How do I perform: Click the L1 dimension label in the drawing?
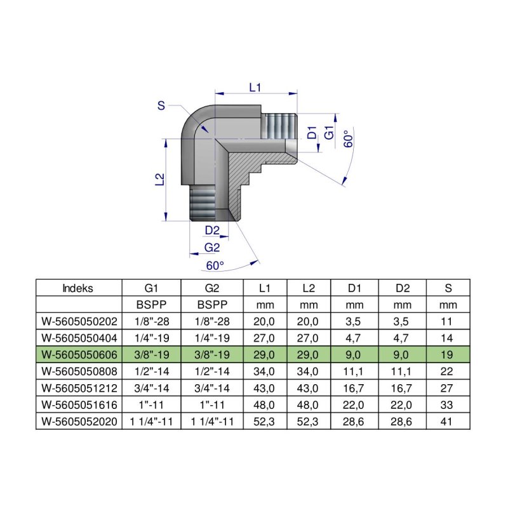pos(255,88)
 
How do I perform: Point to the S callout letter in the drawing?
pos(161,106)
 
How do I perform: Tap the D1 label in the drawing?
pos(312,133)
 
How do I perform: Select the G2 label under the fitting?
pos(211,247)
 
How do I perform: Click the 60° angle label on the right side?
pos(347,138)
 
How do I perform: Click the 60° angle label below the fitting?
pos(215,265)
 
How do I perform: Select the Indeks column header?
pos(77,288)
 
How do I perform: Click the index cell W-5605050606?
pos(77,354)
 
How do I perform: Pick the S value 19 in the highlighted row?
pos(448,354)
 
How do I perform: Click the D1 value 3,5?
pos(356,321)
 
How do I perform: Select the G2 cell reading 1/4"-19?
pos(212,338)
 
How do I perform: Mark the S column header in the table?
pos(448,288)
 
